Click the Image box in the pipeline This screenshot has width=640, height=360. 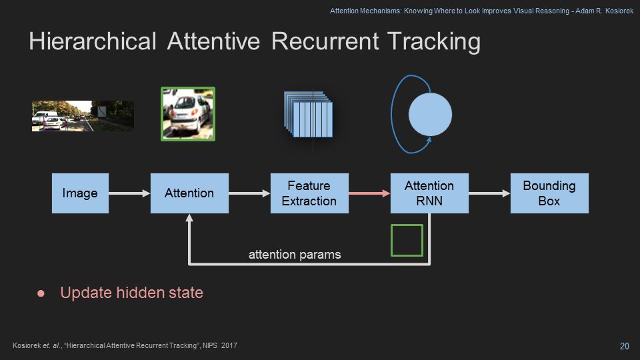(80, 193)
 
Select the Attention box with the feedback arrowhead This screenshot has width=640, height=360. (189, 193)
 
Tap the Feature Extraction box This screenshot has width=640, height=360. (309, 193)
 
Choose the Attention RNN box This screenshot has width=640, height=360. (429, 193)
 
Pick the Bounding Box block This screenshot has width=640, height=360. (549, 193)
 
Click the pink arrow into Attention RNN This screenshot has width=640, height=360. (369, 193)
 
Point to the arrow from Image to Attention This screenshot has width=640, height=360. (129, 193)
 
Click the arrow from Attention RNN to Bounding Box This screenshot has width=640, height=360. (489, 193)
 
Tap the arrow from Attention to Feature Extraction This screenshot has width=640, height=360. (249, 193)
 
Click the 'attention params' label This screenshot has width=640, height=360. (295, 254)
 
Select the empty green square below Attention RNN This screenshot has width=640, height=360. (407, 240)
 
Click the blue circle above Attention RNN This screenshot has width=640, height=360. (430, 115)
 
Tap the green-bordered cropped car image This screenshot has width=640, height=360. (188, 113)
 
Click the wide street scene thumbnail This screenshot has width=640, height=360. (83, 115)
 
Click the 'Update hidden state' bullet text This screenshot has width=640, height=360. (131, 292)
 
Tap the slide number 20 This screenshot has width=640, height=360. (624, 345)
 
